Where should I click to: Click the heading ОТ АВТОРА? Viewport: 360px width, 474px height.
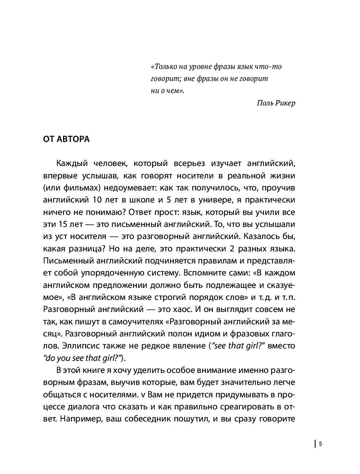pos(66,139)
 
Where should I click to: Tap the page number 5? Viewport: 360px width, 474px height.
pos(321,444)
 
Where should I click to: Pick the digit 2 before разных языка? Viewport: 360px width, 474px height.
pos(241,248)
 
